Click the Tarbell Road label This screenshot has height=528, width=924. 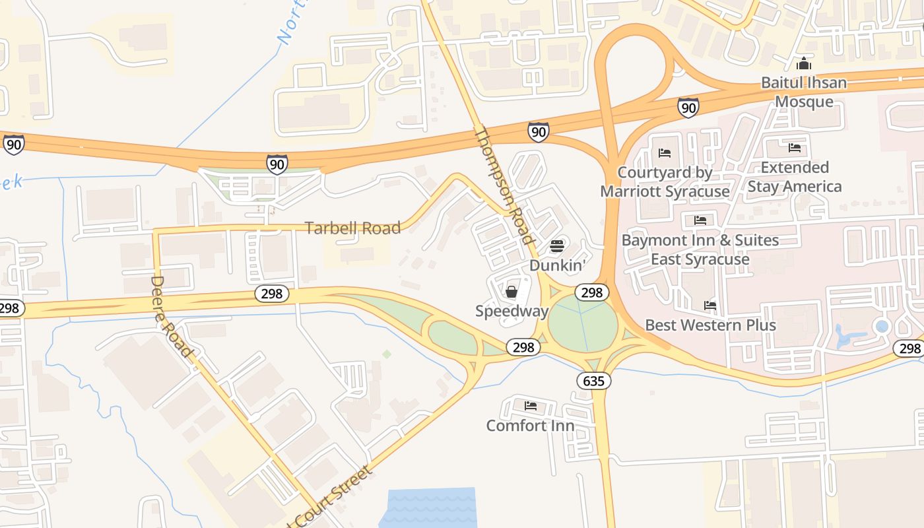pyautogui.click(x=352, y=228)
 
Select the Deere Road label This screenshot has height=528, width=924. pyautogui.click(x=171, y=316)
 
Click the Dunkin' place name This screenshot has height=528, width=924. pyautogui.click(x=558, y=265)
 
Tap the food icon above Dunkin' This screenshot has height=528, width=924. pyautogui.click(x=558, y=247)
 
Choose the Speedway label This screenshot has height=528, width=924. pyautogui.click(x=512, y=311)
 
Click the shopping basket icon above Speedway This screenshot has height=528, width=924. pyautogui.click(x=511, y=292)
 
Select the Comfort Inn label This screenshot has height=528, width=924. pyautogui.click(x=530, y=426)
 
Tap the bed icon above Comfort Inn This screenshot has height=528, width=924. pyautogui.click(x=530, y=406)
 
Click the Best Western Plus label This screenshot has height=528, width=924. pyautogui.click(x=710, y=325)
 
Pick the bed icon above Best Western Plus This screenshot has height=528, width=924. pyautogui.click(x=710, y=306)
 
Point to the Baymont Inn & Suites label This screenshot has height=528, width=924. pyautogui.click(x=700, y=249)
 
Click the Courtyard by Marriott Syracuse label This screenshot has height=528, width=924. pyautogui.click(x=665, y=182)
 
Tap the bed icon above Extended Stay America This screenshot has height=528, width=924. pyautogui.click(x=795, y=148)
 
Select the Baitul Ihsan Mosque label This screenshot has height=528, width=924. pyautogui.click(x=804, y=92)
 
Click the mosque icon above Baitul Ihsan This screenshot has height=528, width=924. pyautogui.click(x=804, y=64)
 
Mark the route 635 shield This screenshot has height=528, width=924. pyautogui.click(x=593, y=381)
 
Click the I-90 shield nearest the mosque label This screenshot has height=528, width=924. pyautogui.click(x=688, y=107)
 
